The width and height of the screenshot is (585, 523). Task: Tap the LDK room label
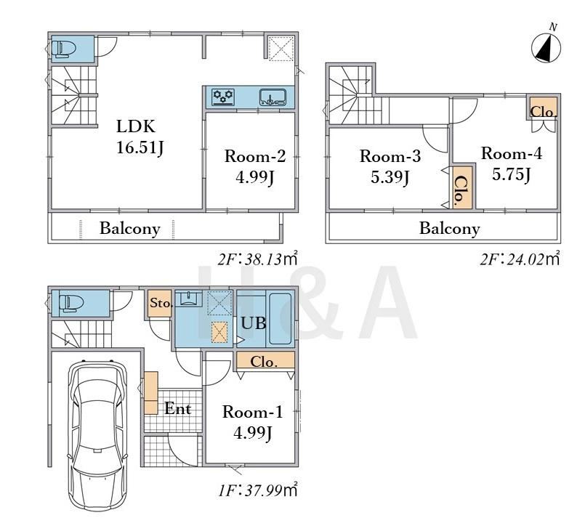click(136, 127)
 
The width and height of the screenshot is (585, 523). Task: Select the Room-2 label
click(255, 156)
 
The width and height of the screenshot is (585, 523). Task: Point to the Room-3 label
click(390, 156)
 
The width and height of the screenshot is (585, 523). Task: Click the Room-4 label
click(511, 153)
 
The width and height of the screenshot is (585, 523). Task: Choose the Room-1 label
click(253, 412)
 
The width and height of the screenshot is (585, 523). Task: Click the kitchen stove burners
click(223, 96)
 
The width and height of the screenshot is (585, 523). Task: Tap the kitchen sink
click(273, 97)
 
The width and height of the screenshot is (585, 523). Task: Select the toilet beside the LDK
click(63, 49)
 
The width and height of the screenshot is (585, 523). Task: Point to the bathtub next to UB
click(281, 319)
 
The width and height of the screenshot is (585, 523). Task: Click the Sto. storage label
click(161, 303)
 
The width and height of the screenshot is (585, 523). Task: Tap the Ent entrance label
click(178, 408)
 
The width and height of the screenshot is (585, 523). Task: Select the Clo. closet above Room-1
click(264, 361)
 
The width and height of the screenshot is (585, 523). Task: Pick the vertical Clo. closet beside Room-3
click(462, 187)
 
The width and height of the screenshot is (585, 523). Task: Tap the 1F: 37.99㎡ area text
click(258, 490)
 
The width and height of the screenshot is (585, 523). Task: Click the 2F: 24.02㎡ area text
click(520, 259)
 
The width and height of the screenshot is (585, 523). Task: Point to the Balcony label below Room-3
click(450, 228)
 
